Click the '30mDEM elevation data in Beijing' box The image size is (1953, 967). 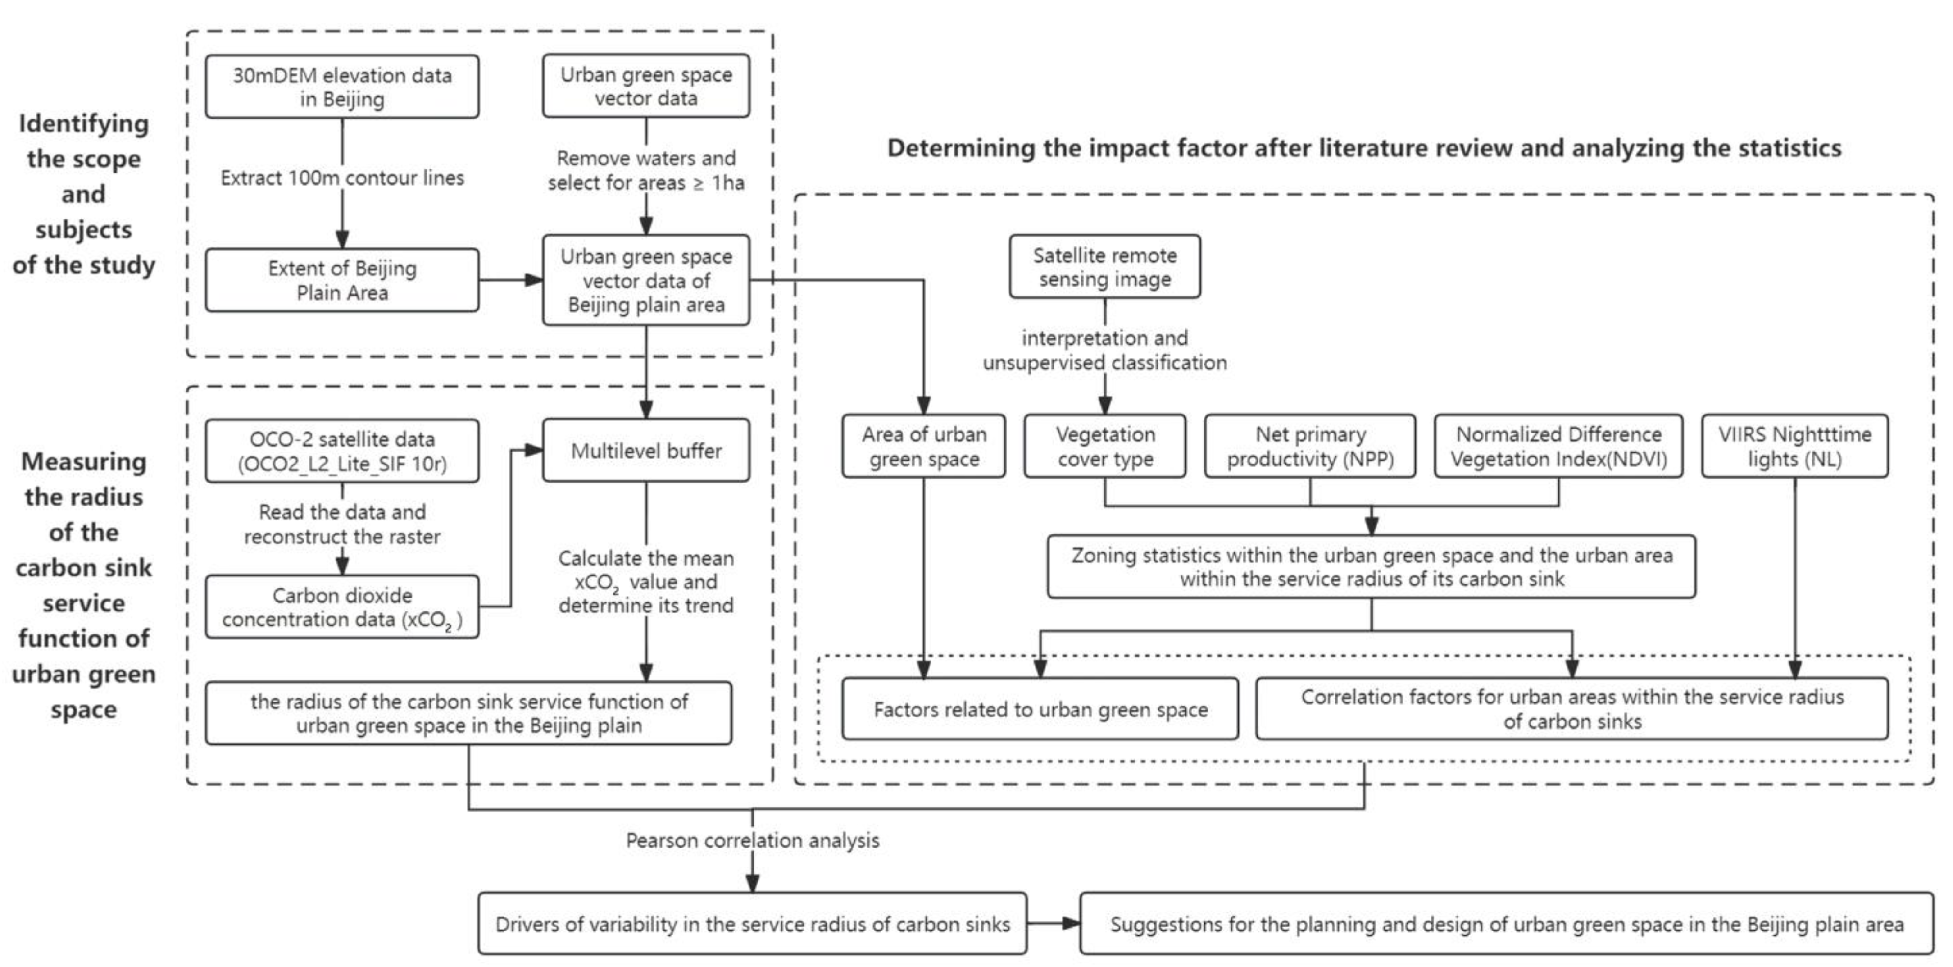click(x=342, y=87)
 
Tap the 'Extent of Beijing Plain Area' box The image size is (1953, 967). click(x=342, y=280)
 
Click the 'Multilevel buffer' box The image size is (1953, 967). click(x=646, y=451)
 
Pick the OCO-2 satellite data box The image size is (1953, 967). click(x=342, y=451)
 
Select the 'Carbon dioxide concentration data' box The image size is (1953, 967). click(x=342, y=607)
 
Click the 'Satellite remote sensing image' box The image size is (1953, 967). click(x=1104, y=267)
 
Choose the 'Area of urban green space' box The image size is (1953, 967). click(x=923, y=446)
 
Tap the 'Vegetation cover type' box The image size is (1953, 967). click(x=1104, y=446)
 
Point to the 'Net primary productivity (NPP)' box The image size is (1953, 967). click(x=1310, y=446)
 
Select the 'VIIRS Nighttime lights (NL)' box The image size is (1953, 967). click(x=1794, y=446)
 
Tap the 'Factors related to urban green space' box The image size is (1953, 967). click(x=1040, y=709)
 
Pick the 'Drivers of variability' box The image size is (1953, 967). click(x=752, y=924)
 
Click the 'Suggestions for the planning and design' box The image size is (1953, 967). click(x=1507, y=924)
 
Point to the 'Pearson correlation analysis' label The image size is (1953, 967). click(x=752, y=840)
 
